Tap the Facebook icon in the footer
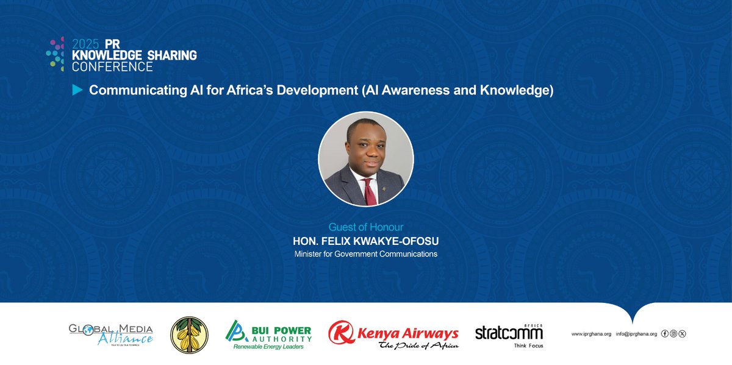[x=666, y=334]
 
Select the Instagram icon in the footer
[x=673, y=334]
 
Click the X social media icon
[x=682, y=334]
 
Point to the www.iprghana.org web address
[x=591, y=334]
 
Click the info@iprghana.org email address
[x=636, y=334]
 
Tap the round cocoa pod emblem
[x=189, y=335]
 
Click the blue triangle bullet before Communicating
[x=77, y=91]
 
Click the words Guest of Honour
[x=365, y=227]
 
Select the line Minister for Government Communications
[x=365, y=254]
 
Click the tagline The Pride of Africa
[x=418, y=346]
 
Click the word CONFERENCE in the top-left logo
[x=112, y=66]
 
